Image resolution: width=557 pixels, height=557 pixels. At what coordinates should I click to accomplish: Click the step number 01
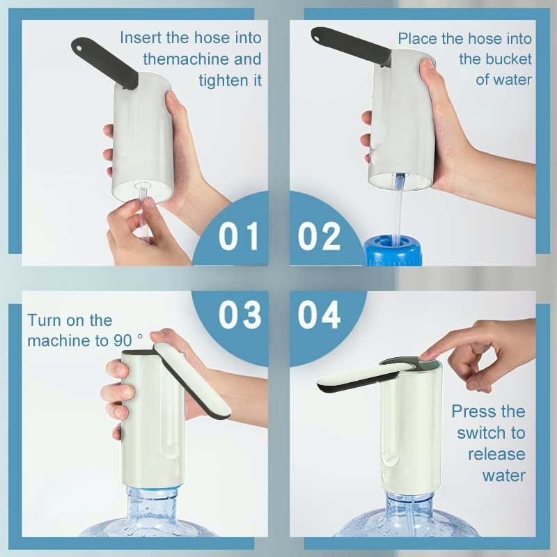[x=238, y=236]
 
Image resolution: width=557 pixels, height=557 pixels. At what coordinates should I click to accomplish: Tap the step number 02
[x=319, y=236]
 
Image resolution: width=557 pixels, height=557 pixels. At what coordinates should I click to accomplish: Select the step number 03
[x=240, y=315]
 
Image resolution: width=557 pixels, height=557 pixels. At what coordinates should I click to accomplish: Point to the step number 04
[x=319, y=315]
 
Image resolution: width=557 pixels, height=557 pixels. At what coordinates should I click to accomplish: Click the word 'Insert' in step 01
[x=141, y=38]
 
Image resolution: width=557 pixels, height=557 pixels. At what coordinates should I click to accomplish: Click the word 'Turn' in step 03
[x=42, y=320]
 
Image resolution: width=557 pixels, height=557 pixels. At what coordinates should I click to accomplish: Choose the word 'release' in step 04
[x=496, y=455]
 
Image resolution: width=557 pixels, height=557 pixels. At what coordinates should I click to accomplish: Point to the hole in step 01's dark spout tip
[x=79, y=47]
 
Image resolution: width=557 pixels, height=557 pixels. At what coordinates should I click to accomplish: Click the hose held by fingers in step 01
[x=143, y=212]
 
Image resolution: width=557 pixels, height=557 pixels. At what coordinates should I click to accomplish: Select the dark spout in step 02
[x=351, y=46]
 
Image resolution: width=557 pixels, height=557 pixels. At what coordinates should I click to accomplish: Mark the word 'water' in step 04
[x=503, y=476]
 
